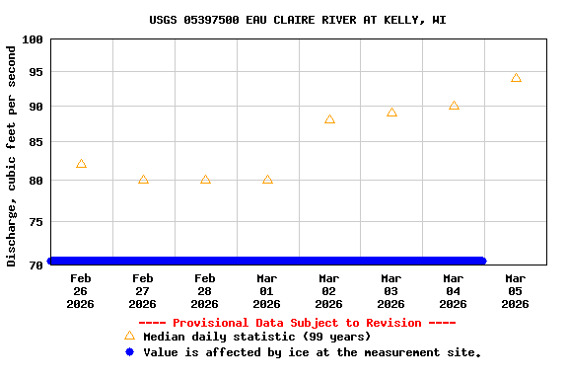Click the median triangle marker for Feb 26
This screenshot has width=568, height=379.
(x=81, y=164)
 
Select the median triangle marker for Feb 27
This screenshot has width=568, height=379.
(x=143, y=180)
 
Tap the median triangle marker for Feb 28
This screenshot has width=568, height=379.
(x=205, y=180)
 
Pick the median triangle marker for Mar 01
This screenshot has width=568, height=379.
(x=267, y=180)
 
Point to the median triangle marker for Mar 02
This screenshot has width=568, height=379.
(x=329, y=119)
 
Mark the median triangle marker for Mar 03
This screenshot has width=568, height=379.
(x=391, y=113)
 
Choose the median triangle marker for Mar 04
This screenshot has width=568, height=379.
(x=454, y=106)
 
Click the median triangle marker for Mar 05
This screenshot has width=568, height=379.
(x=516, y=78)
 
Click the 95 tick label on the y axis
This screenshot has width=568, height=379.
(x=35, y=72)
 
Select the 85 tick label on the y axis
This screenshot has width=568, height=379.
(x=35, y=142)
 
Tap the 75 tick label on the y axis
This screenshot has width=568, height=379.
(x=35, y=222)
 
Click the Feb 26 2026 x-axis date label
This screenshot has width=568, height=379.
(x=81, y=291)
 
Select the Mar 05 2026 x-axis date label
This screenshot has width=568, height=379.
(x=516, y=291)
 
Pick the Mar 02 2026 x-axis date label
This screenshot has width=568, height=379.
(x=329, y=291)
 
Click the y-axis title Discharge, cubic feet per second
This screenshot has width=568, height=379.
(x=12, y=155)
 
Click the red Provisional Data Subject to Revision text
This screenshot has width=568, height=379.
(x=297, y=323)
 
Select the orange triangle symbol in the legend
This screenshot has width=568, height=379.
(x=129, y=337)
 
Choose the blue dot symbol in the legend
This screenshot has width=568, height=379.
(x=129, y=352)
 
